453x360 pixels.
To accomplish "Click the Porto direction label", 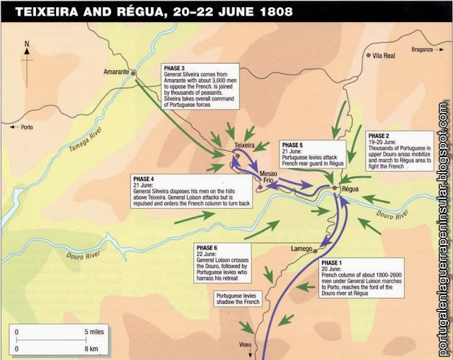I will (x=28, y=128).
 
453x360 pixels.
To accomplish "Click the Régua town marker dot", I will (x=336, y=187).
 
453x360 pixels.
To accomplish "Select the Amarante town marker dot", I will (x=132, y=73).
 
